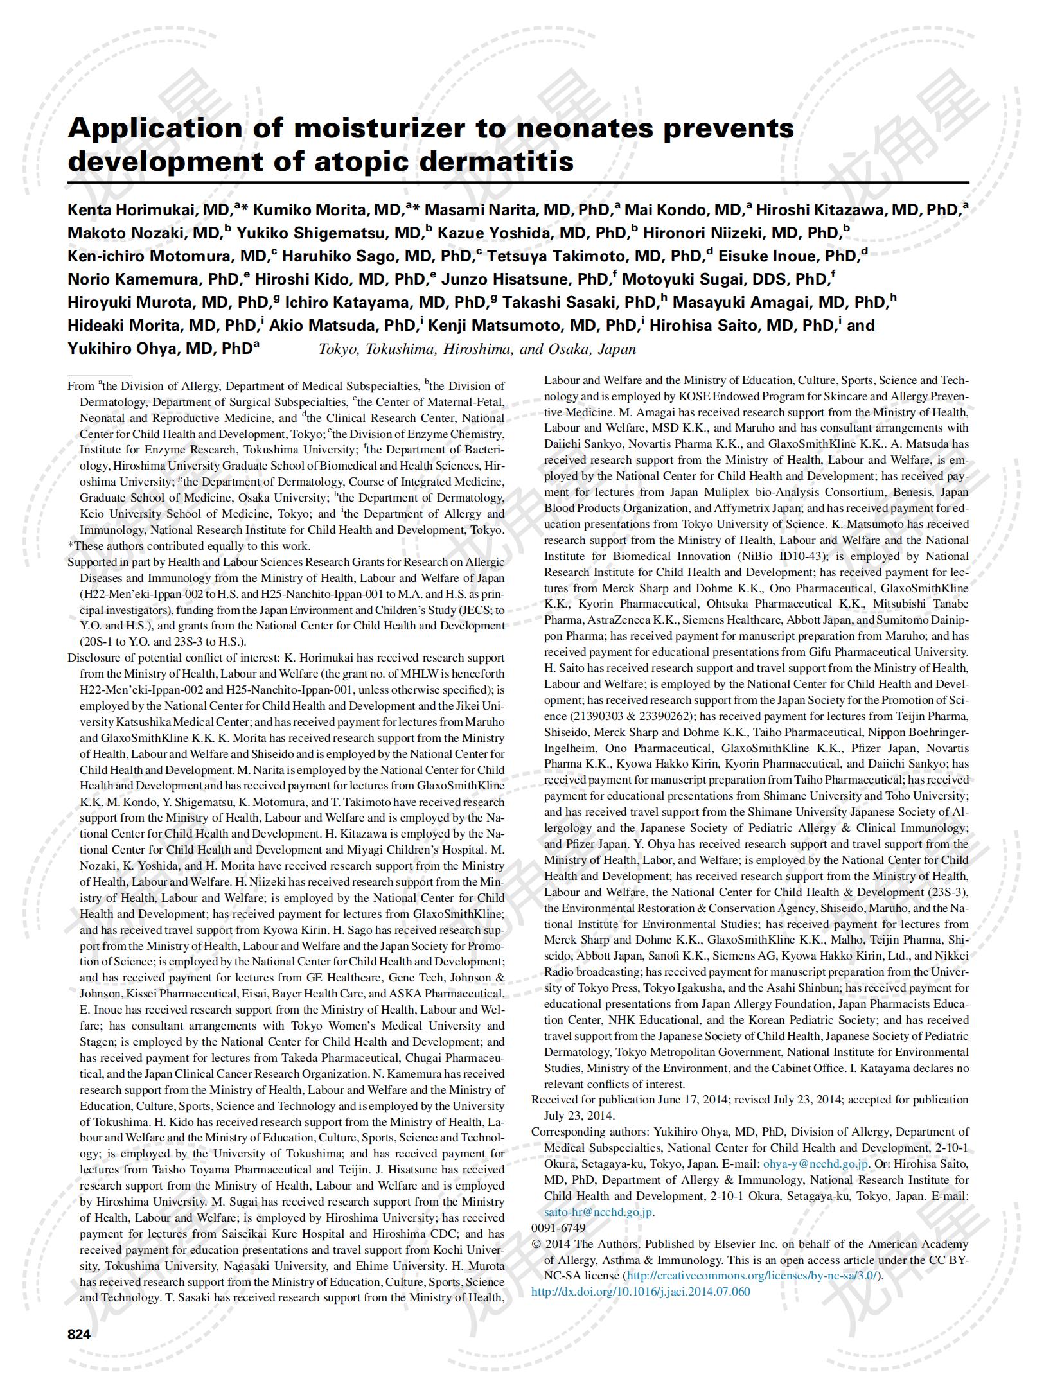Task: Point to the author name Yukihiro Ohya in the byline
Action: tap(123, 349)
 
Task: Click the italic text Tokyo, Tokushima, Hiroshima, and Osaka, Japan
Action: tap(477, 349)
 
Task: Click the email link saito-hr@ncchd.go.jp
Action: tap(598, 1211)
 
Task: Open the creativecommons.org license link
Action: tap(752, 1276)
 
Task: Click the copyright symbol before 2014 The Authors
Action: tap(536, 1244)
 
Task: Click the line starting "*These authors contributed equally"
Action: tap(189, 546)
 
